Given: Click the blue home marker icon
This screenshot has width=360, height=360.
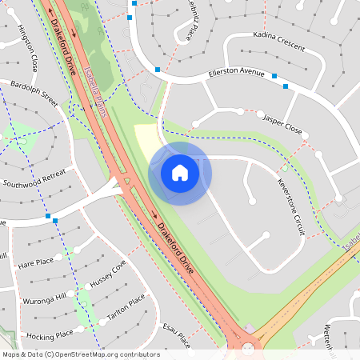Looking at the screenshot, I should pos(180,172).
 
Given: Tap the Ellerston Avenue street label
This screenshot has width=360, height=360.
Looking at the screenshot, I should pos(236,73).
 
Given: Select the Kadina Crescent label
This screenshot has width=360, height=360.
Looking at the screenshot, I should pos(278,42).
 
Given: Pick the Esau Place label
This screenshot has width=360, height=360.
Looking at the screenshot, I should pos(174,334).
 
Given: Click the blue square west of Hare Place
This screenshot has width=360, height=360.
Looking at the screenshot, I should pos(49,217).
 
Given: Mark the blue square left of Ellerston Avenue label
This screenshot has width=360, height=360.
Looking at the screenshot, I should pos(158,70).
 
